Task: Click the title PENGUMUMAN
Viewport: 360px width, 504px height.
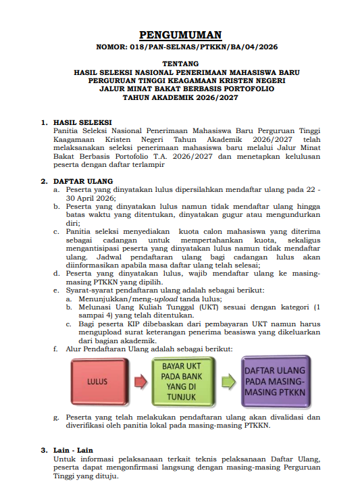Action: point(180,34)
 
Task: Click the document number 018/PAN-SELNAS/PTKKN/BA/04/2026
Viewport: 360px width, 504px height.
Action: point(204,47)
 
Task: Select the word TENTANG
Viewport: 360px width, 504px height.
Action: point(180,64)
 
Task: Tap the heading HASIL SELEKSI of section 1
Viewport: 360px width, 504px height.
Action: point(82,122)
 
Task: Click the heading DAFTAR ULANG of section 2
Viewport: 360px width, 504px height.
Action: point(83,181)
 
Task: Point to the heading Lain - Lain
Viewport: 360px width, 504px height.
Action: point(74,451)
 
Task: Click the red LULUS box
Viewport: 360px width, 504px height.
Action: point(100,382)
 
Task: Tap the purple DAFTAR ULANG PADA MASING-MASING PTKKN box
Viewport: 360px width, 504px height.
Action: point(276,382)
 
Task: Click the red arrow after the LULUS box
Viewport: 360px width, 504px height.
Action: point(140,382)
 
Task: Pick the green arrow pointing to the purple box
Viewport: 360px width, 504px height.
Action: point(228,382)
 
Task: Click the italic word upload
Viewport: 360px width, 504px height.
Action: point(166,299)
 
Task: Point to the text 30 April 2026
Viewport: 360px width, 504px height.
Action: point(91,198)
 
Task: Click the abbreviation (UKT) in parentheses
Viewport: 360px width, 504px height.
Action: point(209,307)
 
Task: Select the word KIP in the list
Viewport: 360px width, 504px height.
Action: point(134,324)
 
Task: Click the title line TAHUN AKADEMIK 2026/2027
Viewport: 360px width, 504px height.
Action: point(180,98)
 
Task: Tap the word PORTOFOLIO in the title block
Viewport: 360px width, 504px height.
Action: point(249,89)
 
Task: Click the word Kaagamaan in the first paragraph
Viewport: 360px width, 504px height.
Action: point(74,139)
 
